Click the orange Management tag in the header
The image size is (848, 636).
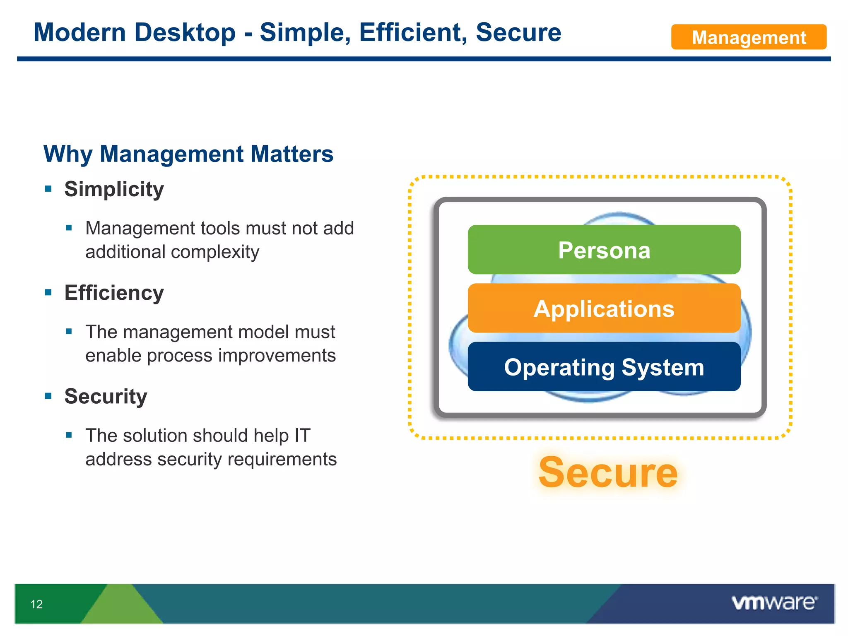click(748, 37)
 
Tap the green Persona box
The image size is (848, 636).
click(604, 250)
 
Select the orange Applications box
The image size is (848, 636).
click(604, 308)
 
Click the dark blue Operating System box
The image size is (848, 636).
click(604, 367)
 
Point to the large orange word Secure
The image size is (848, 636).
click(607, 472)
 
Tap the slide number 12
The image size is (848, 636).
click(36, 604)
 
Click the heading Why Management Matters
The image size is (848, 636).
click(188, 154)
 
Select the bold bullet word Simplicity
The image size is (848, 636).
click(114, 189)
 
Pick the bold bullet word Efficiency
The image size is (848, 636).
click(114, 293)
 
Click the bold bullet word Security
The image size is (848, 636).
click(106, 396)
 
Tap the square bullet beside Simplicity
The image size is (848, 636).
click(48, 189)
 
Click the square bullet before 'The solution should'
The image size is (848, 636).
click(69, 435)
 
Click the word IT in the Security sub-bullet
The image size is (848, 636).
click(302, 436)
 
